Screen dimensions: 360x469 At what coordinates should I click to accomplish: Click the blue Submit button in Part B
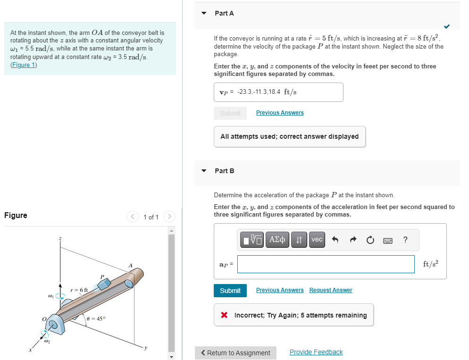230,291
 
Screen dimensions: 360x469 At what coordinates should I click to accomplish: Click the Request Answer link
330,290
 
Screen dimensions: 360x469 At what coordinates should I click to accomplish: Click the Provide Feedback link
316,352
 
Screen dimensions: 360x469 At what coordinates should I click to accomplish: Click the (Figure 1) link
24,65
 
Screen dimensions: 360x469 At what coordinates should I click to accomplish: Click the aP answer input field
326,264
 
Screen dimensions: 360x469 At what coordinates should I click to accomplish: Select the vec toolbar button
317,240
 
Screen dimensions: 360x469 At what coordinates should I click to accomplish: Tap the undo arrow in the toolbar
335,240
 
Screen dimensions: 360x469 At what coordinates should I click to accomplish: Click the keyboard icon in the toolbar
387,240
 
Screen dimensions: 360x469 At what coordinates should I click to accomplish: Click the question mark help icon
405,240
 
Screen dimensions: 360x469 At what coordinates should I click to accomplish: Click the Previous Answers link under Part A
279,113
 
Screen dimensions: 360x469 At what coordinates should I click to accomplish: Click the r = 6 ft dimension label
79,289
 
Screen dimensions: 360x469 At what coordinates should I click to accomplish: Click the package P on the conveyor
104,283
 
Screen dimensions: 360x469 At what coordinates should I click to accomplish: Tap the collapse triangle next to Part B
204,171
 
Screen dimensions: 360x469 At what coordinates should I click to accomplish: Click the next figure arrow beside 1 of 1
169,217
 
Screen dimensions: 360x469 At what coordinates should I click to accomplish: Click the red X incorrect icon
225,315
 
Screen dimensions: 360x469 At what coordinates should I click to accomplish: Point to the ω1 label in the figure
50,296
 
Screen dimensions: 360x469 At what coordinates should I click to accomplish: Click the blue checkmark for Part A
446,25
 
